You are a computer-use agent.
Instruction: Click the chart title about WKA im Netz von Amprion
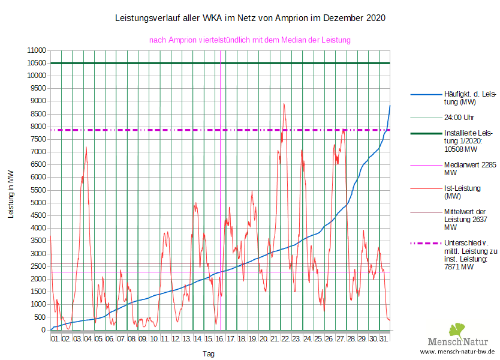click(250, 19)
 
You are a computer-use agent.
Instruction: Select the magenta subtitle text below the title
click(250, 40)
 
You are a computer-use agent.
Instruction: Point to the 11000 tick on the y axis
click(36, 50)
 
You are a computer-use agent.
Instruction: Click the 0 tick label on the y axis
click(43, 330)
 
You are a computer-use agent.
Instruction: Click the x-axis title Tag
click(208, 354)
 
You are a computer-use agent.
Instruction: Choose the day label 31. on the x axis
click(384, 339)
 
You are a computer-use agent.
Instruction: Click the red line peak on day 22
click(284, 104)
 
